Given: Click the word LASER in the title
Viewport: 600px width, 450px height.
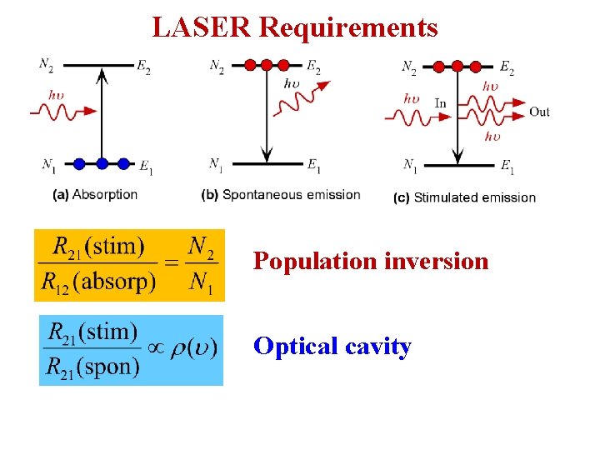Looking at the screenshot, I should point(202,27).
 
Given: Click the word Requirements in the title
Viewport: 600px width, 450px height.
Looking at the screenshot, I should point(348,27).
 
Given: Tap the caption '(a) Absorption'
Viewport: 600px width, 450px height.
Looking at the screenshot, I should point(95,194).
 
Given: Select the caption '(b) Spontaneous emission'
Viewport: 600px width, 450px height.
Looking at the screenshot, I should point(281,194).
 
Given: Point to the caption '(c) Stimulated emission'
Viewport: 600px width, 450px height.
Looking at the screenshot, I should point(464,197).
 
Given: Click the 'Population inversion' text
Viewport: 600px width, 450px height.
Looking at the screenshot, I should point(371,261).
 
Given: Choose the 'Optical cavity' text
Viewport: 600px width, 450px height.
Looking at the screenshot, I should point(332,346).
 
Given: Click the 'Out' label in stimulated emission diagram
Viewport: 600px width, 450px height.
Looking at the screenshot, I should point(539,112).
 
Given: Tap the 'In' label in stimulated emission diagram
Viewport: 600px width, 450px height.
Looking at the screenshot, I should point(440,103).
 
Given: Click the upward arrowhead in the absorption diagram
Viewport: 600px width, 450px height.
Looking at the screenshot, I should point(102,75).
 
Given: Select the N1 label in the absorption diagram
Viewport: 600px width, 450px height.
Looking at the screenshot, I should point(49,165).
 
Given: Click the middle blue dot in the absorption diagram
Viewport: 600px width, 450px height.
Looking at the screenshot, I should point(102,163).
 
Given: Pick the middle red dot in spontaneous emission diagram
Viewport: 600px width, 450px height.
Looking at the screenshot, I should point(267,65).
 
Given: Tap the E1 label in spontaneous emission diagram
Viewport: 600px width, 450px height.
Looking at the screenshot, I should point(313,165).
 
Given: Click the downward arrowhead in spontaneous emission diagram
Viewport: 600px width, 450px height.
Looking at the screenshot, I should point(267,154).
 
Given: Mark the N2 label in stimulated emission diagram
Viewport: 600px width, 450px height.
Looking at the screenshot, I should point(409,67).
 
